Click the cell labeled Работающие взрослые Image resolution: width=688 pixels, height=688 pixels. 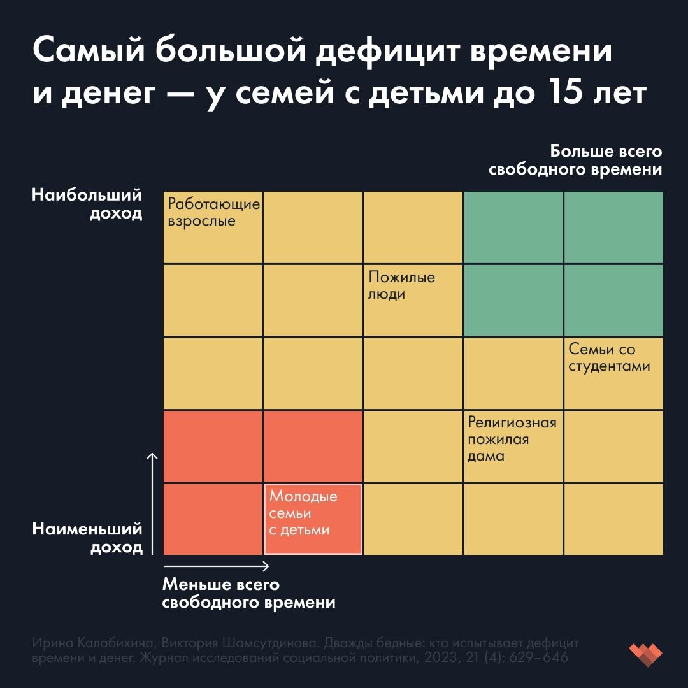coord(213,227)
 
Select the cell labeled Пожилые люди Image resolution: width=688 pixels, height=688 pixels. coord(413,300)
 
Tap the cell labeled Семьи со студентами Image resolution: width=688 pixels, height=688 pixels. coord(613,373)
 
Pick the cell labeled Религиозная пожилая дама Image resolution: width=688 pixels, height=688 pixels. coord(513,446)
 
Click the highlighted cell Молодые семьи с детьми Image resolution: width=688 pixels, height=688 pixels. coord(313,519)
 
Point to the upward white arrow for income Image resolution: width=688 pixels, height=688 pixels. coord(152,503)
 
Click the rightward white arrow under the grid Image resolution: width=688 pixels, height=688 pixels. coord(217,566)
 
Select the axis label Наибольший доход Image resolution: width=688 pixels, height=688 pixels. coord(87,204)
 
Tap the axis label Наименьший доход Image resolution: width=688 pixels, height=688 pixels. coord(87,538)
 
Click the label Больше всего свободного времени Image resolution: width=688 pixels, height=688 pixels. coord(575,161)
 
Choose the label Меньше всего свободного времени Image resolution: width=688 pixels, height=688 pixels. coord(248,593)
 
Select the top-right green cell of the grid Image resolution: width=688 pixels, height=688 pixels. coord(613,227)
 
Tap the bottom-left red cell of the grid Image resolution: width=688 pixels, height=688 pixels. coord(213,519)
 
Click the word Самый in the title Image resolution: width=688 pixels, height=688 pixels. coord(86,52)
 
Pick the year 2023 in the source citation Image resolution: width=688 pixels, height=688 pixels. coord(452,657)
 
